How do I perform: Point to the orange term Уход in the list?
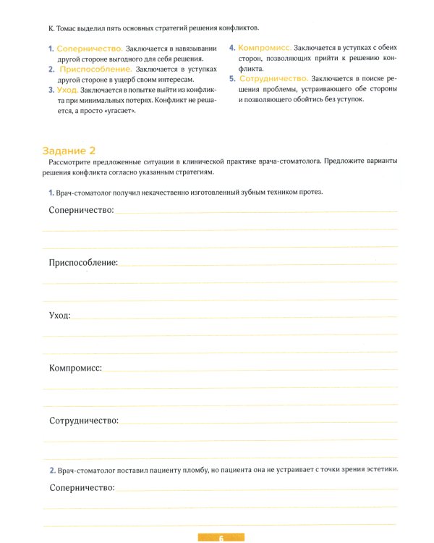click(67, 90)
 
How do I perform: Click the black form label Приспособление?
click(83, 263)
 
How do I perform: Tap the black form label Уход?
click(60, 316)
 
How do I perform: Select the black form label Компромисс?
click(75, 368)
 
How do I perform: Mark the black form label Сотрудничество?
click(83, 421)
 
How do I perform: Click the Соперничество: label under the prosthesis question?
click(81, 210)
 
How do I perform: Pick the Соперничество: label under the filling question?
click(82, 488)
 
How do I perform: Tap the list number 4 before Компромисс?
click(231, 48)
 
